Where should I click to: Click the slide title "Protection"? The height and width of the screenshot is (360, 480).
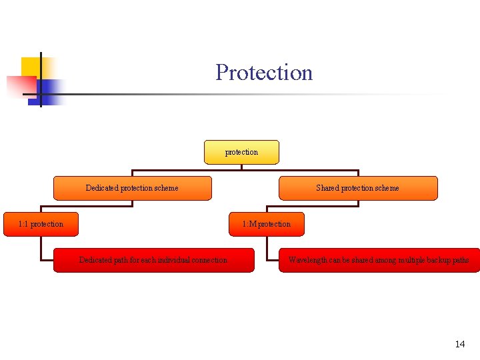(x=264, y=72)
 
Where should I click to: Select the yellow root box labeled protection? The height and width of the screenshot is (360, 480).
(x=241, y=152)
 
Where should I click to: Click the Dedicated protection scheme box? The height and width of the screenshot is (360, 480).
(x=132, y=188)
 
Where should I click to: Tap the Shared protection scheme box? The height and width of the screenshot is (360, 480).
(x=358, y=188)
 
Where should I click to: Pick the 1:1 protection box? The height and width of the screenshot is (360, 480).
(x=41, y=224)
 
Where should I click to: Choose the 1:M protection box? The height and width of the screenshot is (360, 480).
(x=267, y=224)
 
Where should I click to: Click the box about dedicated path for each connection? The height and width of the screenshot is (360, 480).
(x=153, y=260)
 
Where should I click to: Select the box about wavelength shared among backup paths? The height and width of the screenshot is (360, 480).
(x=379, y=260)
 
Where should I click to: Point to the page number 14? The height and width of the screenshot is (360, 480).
(x=459, y=344)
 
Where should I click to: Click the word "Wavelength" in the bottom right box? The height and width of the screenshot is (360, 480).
(x=307, y=260)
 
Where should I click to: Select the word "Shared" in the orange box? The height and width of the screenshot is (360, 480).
(x=327, y=188)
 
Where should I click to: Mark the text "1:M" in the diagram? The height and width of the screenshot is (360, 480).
(x=249, y=224)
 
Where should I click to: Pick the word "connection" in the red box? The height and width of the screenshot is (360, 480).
(x=209, y=260)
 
